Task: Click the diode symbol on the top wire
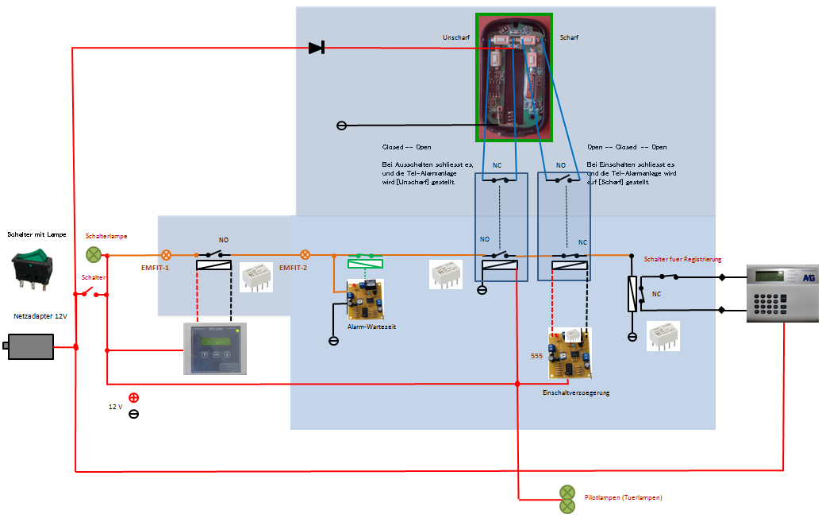(x=317, y=48)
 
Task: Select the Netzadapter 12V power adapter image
(x=31, y=346)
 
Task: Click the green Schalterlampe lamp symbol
(x=94, y=255)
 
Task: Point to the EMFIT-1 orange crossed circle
(x=167, y=255)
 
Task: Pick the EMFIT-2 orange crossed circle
(x=305, y=255)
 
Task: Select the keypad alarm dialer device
(x=782, y=293)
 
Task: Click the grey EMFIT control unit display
(x=214, y=348)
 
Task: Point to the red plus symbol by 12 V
(x=133, y=397)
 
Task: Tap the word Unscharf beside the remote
(x=456, y=37)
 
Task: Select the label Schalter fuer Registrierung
(x=682, y=259)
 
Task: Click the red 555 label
(x=536, y=357)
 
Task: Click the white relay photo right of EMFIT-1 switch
(x=256, y=276)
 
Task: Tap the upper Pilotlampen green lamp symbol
(x=567, y=492)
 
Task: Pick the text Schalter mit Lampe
(x=36, y=234)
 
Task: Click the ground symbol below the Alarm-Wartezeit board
(x=333, y=340)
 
